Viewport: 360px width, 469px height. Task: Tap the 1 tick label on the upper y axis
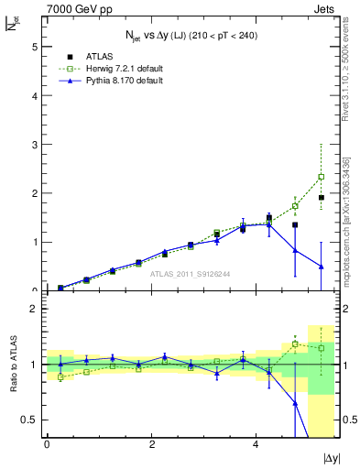[34, 243]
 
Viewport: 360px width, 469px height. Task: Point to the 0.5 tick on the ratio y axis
[28, 420]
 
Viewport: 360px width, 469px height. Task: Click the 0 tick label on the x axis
[47, 445]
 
